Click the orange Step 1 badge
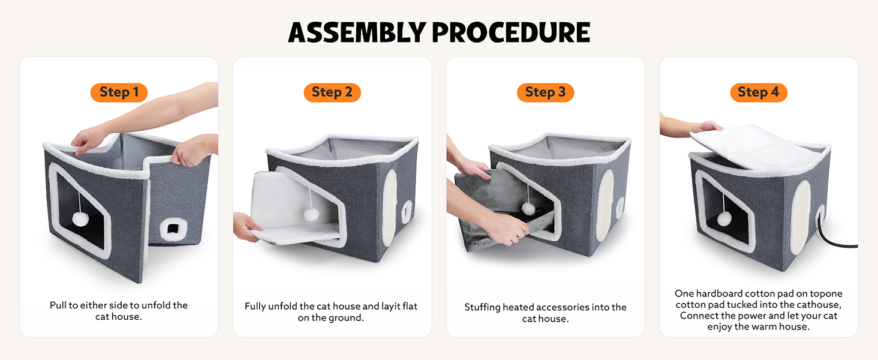click(119, 92)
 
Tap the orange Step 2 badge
click(332, 92)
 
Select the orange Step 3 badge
click(545, 92)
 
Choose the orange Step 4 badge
click(759, 92)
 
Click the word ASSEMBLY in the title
click(357, 32)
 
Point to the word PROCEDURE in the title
click(511, 32)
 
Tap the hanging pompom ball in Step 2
click(312, 215)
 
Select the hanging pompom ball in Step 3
click(528, 209)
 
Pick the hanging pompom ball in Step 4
click(724, 218)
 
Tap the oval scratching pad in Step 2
click(390, 208)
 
